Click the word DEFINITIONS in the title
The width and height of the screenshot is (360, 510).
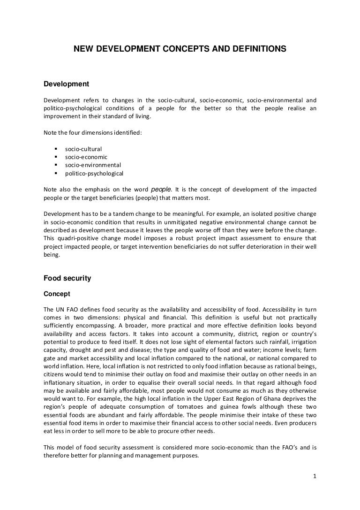(x=253, y=49)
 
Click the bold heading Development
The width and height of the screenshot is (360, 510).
(x=66, y=84)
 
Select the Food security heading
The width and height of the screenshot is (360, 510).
(x=67, y=278)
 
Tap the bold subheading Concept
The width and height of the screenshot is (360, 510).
(x=57, y=294)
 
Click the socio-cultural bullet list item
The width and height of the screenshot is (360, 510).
(x=83, y=149)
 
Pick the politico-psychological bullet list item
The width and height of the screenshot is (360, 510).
(x=94, y=174)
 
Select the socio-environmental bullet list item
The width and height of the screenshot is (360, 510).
(x=93, y=165)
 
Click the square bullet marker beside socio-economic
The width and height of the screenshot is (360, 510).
(x=56, y=157)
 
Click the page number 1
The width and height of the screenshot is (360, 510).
(x=315, y=478)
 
